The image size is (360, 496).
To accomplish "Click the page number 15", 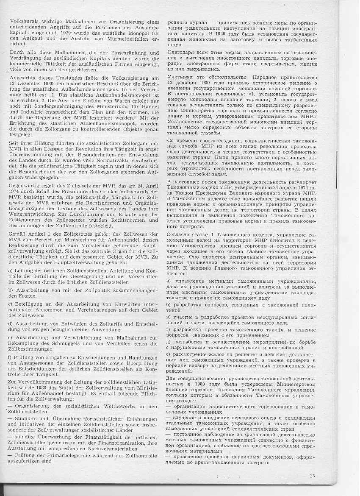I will pos(312,476).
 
